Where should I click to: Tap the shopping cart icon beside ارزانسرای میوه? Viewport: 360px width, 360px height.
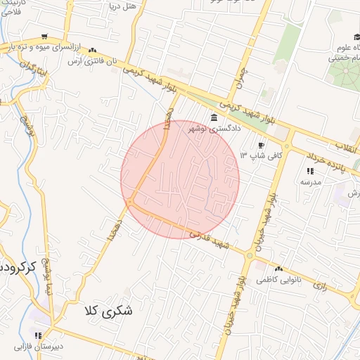(x=45, y=37)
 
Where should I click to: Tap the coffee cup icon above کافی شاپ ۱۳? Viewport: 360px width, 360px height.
(x=261, y=145)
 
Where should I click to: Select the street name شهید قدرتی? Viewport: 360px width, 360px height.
(x=212, y=238)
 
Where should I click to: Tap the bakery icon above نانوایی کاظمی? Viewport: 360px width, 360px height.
(x=279, y=269)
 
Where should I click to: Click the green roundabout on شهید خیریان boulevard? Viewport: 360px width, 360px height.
(x=249, y=255)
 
